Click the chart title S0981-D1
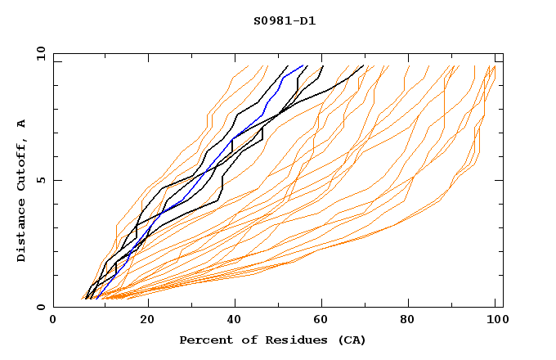pos(285,21)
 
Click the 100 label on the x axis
pos(495,320)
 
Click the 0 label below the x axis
pos(53,320)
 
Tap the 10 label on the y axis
pos(38,52)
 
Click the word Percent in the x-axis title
pos(203,340)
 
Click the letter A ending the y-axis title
pos(21,122)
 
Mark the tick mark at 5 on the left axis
pos(56,180)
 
